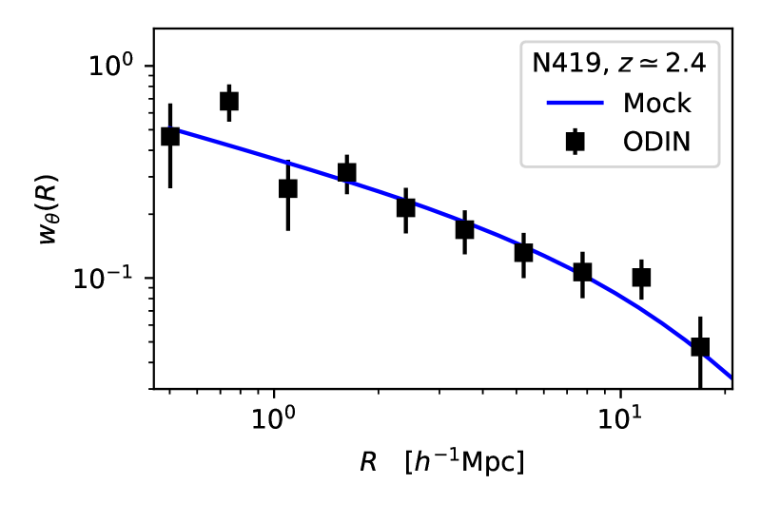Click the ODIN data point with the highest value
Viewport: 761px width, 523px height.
pos(229,101)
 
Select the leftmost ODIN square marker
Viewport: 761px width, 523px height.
pos(170,136)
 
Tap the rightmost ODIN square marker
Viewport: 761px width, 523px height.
pos(700,347)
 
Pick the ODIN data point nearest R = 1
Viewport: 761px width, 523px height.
pos(288,188)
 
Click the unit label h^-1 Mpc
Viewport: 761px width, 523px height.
pos(464,462)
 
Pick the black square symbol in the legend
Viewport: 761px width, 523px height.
pos(575,142)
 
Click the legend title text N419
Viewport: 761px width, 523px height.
pos(556,64)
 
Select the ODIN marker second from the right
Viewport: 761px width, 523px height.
pos(641,278)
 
